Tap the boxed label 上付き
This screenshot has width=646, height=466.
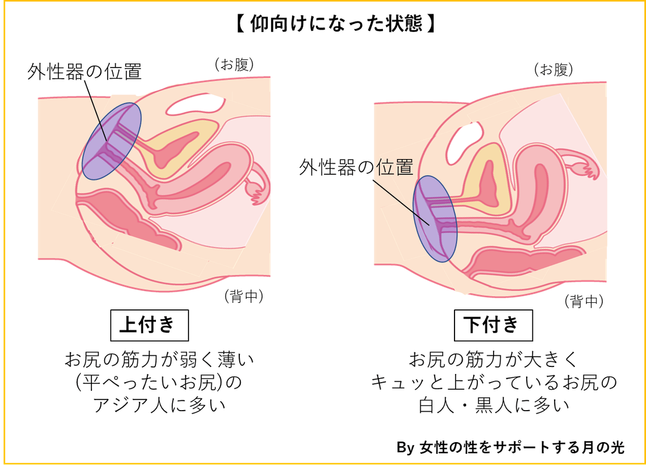(149, 325)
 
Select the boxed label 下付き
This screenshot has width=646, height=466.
(493, 325)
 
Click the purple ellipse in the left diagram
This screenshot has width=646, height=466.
(111, 141)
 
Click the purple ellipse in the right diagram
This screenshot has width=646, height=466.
(435, 218)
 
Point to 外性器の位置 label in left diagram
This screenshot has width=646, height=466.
(84, 72)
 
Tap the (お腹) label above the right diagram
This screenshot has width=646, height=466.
(553, 70)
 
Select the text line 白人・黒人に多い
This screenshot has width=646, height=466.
(494, 405)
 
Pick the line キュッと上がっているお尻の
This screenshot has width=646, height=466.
(494, 383)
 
